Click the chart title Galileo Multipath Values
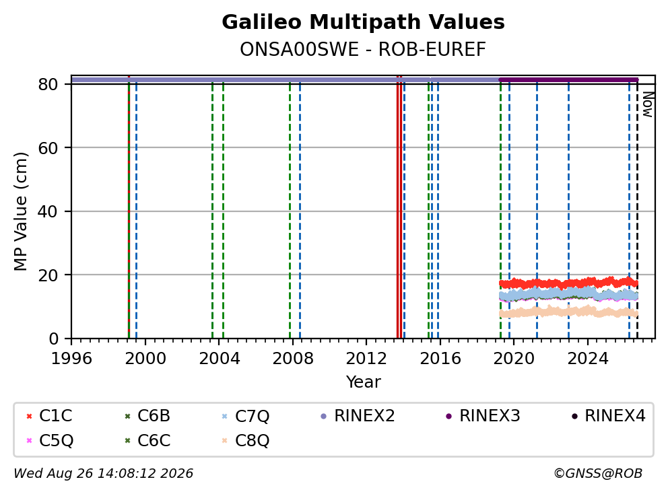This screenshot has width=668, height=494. pyautogui.click(x=363, y=22)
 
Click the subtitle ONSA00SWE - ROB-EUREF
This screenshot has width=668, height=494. pyautogui.click(x=363, y=49)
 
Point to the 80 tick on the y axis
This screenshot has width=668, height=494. pyautogui.click(x=48, y=84)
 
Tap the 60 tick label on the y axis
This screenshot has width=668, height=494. pyautogui.click(x=48, y=148)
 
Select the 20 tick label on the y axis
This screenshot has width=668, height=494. pyautogui.click(x=48, y=275)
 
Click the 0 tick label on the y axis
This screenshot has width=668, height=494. pyautogui.click(x=54, y=339)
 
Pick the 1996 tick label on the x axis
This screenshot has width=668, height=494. pyautogui.click(x=71, y=359)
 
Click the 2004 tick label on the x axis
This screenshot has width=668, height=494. pyautogui.click(x=219, y=359)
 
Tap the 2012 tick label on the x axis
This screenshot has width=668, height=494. pyautogui.click(x=366, y=359)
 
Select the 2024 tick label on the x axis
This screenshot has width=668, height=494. pyautogui.click(x=587, y=359)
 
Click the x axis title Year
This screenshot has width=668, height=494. pyautogui.click(x=363, y=382)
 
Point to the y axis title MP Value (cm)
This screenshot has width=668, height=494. pyautogui.click(x=20, y=211)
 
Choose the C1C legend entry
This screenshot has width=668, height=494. pyautogui.click(x=49, y=416)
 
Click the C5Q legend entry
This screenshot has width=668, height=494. pyautogui.click(x=49, y=440)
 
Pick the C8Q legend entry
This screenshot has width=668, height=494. pyautogui.click(x=246, y=440)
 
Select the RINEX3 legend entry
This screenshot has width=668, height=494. pyautogui.click(x=483, y=416)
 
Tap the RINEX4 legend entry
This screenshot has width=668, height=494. pyautogui.click(x=608, y=416)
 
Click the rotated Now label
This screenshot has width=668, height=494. pyautogui.click(x=648, y=104)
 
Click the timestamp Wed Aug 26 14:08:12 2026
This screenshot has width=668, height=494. pyautogui.click(x=104, y=474)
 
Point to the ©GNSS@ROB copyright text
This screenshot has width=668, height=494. pyautogui.click(x=598, y=474)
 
